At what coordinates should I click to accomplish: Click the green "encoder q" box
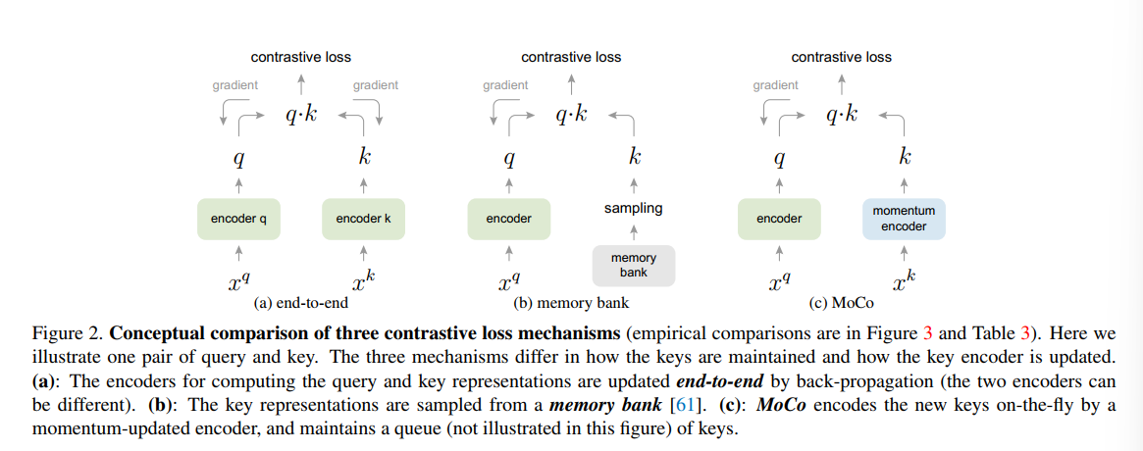pyautogui.click(x=232, y=219)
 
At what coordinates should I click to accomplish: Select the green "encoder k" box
pyautogui.click(x=363, y=219)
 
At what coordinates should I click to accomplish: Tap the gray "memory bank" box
pyautogui.click(x=634, y=265)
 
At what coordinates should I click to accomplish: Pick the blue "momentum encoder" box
pyautogui.click(x=904, y=219)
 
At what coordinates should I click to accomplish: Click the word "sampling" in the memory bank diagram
pyautogui.click(x=634, y=208)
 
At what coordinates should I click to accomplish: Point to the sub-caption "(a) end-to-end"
pyautogui.click(x=300, y=302)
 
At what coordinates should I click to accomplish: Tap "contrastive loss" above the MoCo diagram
pyautogui.click(x=841, y=57)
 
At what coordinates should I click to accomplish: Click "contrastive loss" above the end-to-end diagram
pyautogui.click(x=300, y=57)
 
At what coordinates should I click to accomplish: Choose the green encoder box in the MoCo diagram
pyautogui.click(x=779, y=219)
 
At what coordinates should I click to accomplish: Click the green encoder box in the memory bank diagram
pyautogui.click(x=508, y=219)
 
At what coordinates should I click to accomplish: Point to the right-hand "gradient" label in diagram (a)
pyautogui.click(x=376, y=85)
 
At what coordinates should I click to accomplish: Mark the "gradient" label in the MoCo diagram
pyautogui.click(x=775, y=85)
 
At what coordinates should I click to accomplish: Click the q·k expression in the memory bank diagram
pyautogui.click(x=571, y=115)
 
